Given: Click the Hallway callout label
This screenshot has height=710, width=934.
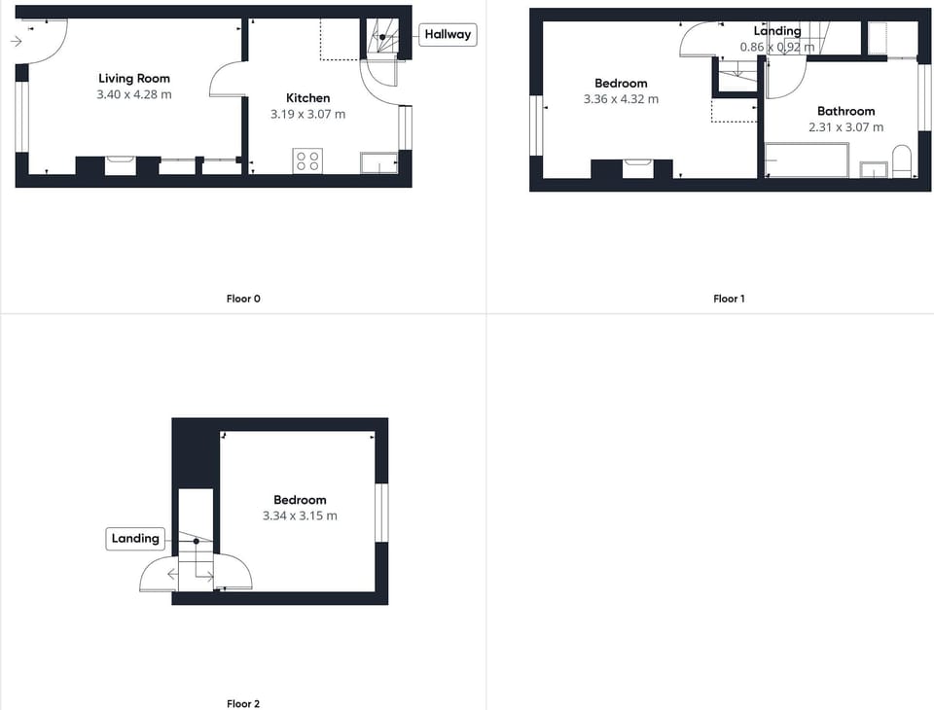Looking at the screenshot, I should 448,34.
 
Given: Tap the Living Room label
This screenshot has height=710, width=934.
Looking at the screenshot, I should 134,79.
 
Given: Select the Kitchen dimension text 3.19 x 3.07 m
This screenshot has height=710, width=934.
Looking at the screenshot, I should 307,114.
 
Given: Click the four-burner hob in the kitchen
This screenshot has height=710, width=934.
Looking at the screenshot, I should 307,160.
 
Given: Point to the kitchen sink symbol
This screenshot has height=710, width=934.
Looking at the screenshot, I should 378,162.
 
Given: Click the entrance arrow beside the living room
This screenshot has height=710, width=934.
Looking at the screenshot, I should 18,41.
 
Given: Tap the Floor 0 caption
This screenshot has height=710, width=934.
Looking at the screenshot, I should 243,299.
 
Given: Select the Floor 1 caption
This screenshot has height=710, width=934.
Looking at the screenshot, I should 729,299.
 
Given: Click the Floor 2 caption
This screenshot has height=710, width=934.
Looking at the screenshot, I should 243,703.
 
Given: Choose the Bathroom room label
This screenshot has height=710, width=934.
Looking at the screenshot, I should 845,111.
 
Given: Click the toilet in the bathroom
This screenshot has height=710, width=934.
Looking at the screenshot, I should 901,161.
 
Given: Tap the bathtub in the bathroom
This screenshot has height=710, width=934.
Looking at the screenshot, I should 807,160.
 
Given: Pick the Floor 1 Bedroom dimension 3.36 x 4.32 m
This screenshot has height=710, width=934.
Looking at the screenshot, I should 621,99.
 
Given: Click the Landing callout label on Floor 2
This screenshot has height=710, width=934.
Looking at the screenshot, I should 135,538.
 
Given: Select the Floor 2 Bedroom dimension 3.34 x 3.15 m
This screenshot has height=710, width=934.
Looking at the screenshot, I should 300,515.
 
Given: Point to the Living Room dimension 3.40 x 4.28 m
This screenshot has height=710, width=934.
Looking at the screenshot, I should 134,94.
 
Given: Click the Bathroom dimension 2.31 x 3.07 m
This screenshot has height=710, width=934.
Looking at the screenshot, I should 845,126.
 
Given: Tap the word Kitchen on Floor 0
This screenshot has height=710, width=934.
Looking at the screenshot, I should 307,98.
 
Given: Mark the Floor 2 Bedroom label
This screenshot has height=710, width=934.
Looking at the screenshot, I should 300,500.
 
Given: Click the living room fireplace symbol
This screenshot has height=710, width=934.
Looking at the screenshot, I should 120,165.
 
